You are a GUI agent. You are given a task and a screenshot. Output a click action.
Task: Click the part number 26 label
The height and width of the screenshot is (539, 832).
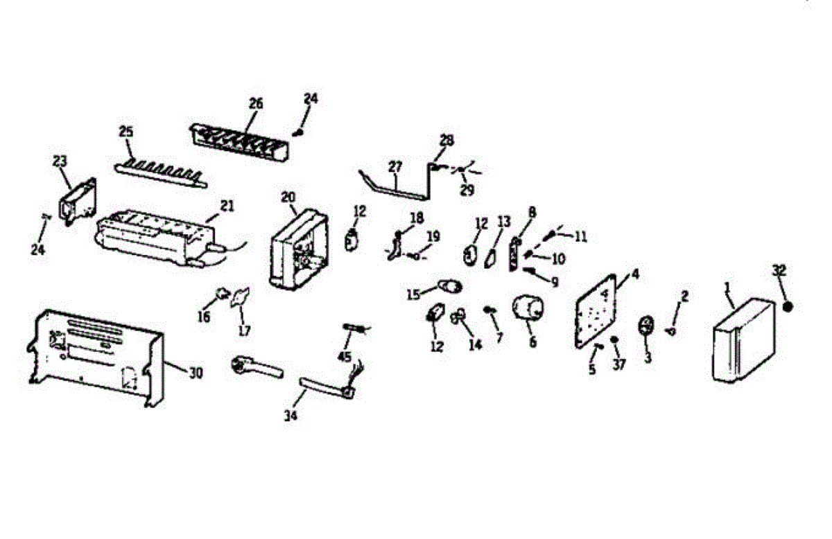pos(256,103)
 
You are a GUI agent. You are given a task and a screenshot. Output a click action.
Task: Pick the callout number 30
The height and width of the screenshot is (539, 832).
pos(196,373)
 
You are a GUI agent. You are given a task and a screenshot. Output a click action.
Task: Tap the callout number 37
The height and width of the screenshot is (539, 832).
pos(619,364)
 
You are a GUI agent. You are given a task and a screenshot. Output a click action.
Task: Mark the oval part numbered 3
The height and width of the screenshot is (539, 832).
pos(646,326)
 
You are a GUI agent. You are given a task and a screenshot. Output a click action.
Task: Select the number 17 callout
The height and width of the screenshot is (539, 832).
pos(244,331)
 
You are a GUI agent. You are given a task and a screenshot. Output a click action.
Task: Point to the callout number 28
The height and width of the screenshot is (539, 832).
pos(447,140)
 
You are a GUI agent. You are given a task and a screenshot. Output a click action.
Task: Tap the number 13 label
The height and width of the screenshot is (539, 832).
pos(503,222)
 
